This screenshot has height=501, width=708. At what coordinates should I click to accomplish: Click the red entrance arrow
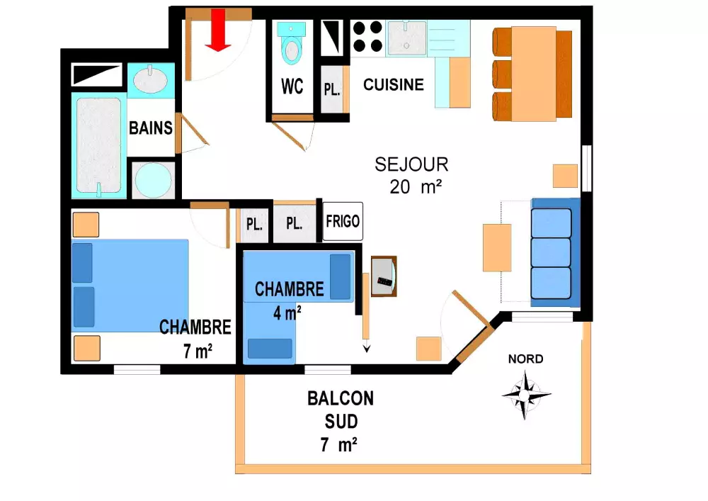[x=218, y=30]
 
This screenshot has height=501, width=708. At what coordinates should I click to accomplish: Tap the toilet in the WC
[x=291, y=43]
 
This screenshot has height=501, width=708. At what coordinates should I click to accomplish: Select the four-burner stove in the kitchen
[x=368, y=37]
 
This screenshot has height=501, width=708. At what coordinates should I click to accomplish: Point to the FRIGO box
[x=343, y=221]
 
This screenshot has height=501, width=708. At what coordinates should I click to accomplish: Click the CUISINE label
[x=393, y=84]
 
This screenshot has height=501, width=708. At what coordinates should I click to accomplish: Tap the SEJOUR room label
[x=411, y=164]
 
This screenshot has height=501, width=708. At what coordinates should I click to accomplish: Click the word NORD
[x=525, y=359]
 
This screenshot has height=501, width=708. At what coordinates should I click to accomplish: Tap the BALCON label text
[x=341, y=398]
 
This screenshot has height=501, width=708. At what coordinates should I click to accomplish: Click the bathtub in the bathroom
[x=99, y=145]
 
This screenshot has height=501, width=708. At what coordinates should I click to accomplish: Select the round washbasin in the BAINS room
[x=151, y=79]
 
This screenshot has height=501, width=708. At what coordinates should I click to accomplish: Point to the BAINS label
[x=150, y=128]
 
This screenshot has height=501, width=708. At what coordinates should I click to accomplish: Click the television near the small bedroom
[x=384, y=276]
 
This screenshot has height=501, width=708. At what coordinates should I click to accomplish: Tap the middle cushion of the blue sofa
[x=551, y=252]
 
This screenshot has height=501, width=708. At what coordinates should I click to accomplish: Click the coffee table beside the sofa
[x=497, y=247]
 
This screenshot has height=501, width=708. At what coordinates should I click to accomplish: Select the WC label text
[x=292, y=86]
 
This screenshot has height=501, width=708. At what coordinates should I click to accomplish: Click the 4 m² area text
[x=287, y=313]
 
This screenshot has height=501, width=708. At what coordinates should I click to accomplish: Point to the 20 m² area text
[x=416, y=186]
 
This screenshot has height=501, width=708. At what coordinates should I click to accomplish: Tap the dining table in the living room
[x=534, y=74]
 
